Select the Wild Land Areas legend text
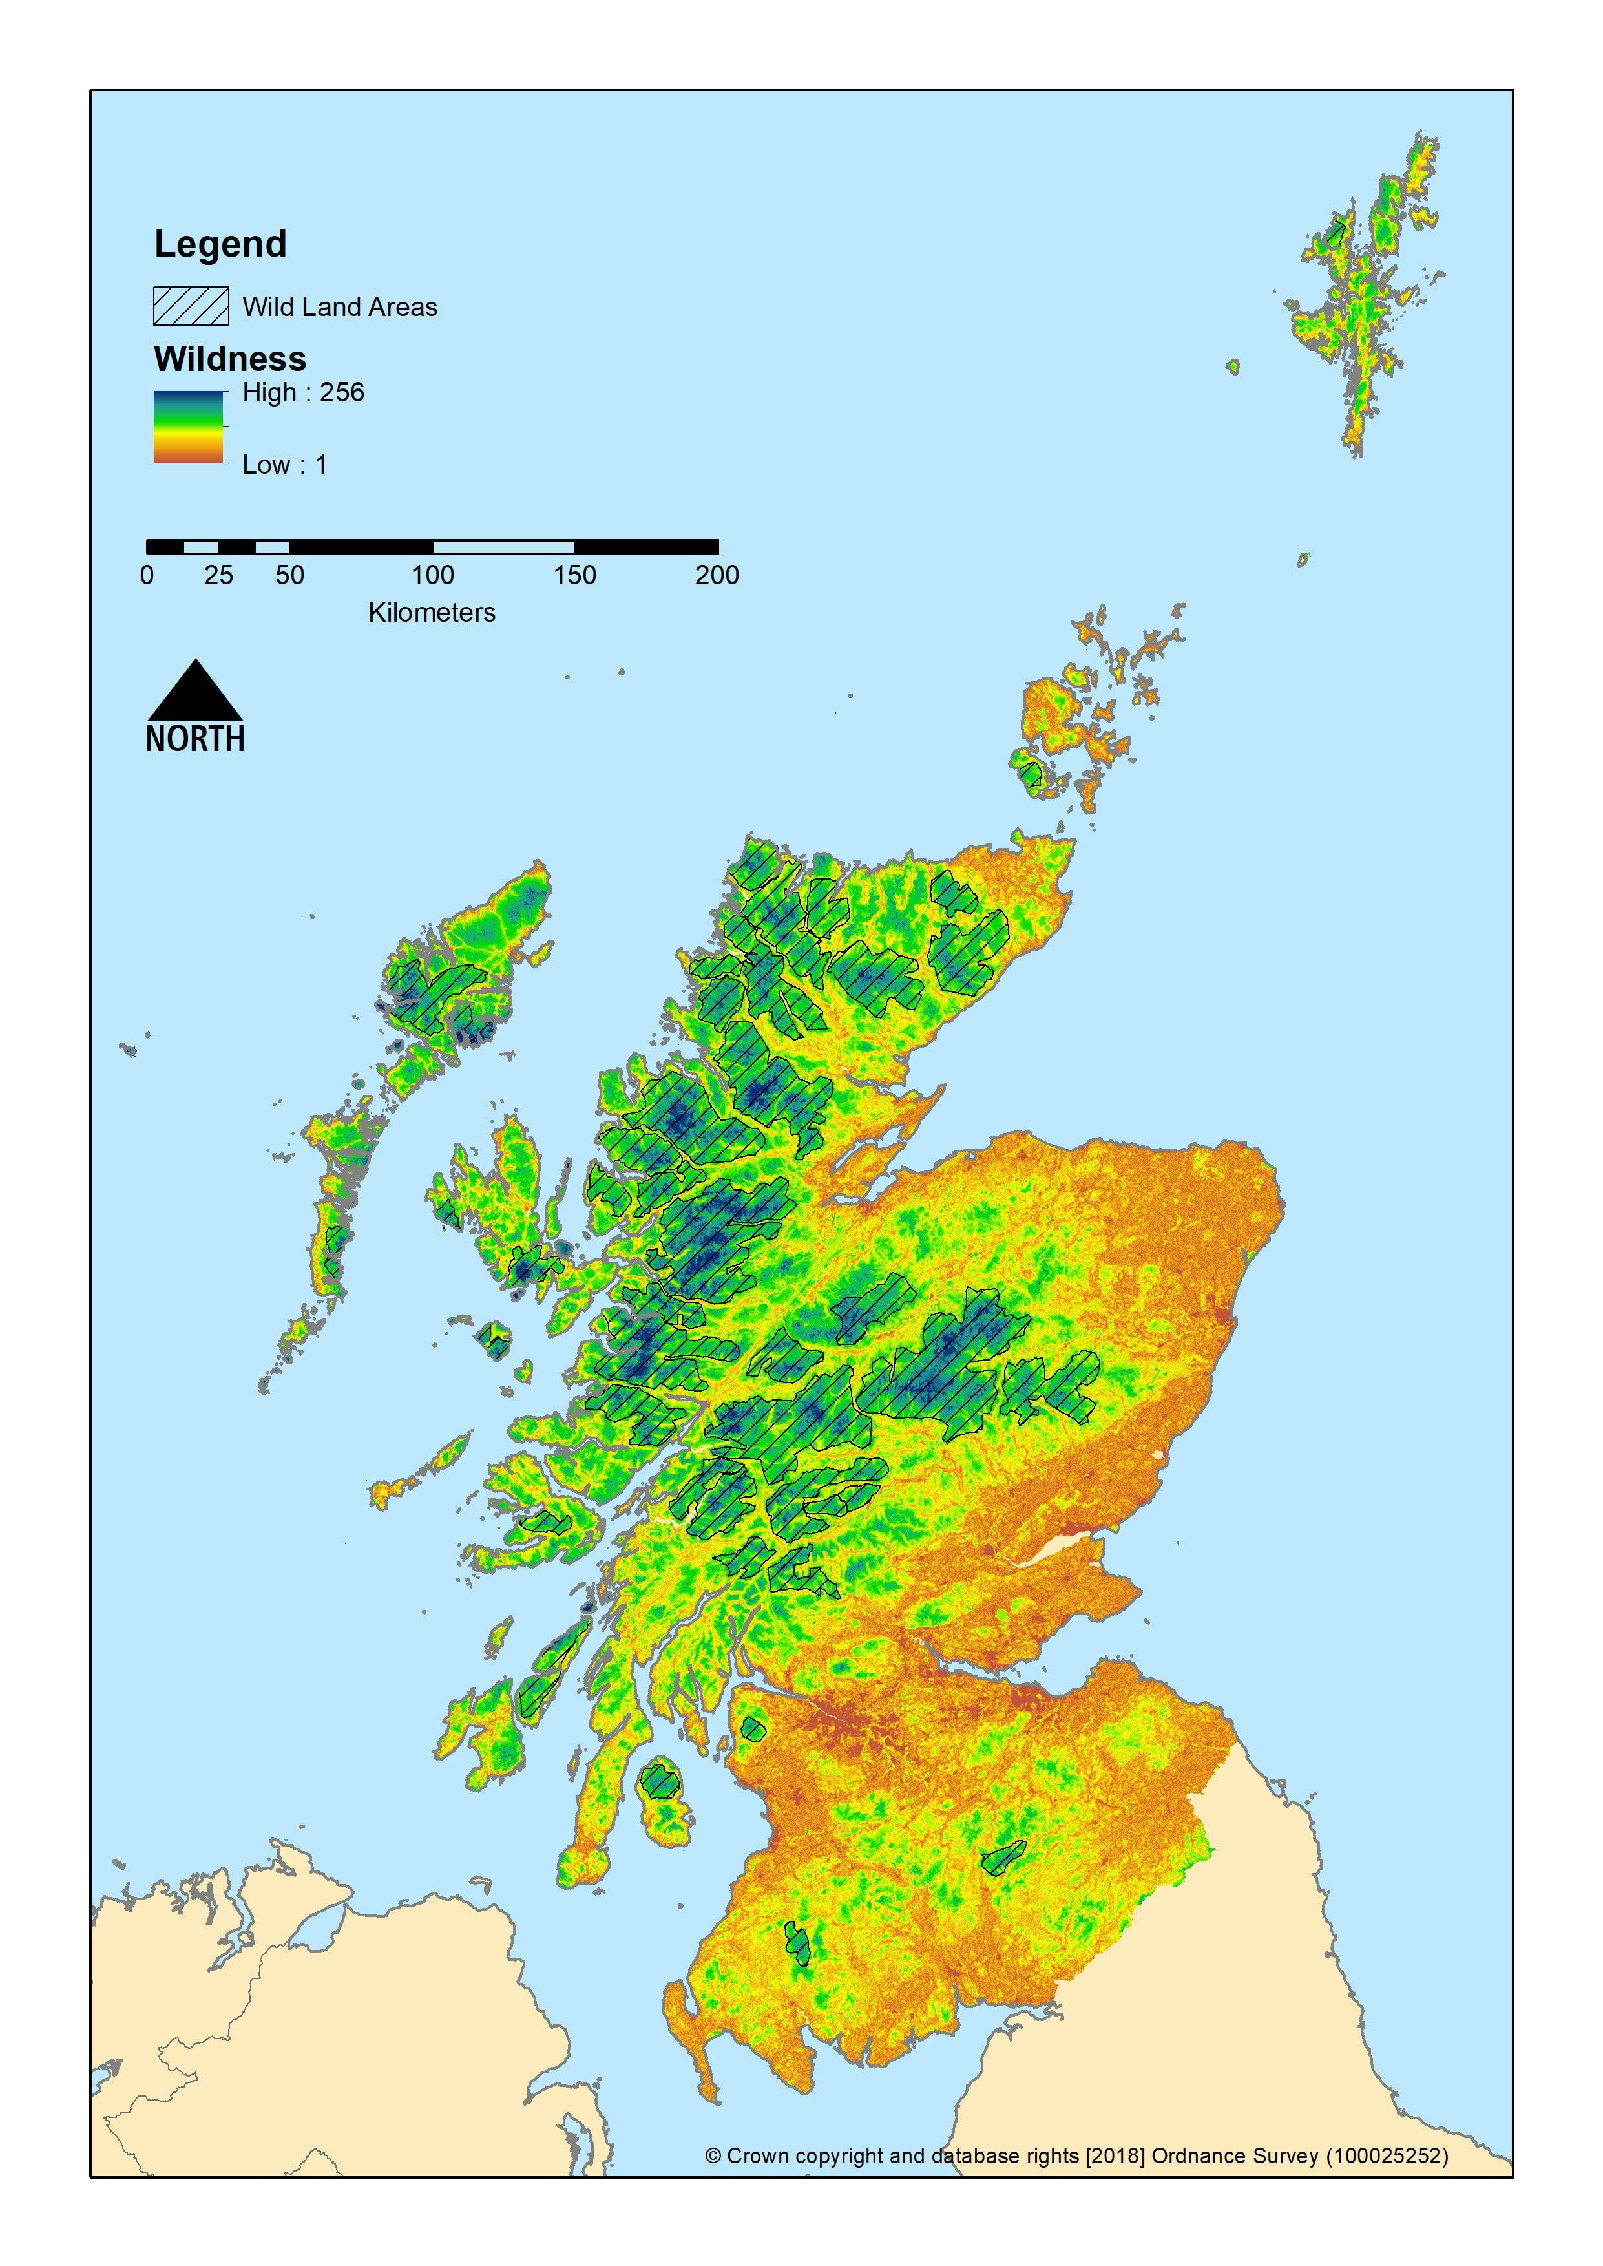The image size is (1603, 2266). coord(340,307)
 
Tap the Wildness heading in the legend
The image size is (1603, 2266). coord(230,359)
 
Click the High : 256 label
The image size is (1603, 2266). coord(303,393)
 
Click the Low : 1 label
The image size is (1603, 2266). coord(284,465)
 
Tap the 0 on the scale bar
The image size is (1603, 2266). coord(147,576)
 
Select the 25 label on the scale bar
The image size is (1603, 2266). coord(218,576)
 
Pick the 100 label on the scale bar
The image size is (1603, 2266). coord(432,576)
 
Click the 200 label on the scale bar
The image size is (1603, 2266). coord(717,576)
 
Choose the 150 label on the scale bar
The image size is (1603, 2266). coord(574,576)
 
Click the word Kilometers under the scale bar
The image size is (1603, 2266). coord(432,613)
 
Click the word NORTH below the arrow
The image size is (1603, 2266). coord(195,739)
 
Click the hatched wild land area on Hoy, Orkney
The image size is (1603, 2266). coord(1031,773)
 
